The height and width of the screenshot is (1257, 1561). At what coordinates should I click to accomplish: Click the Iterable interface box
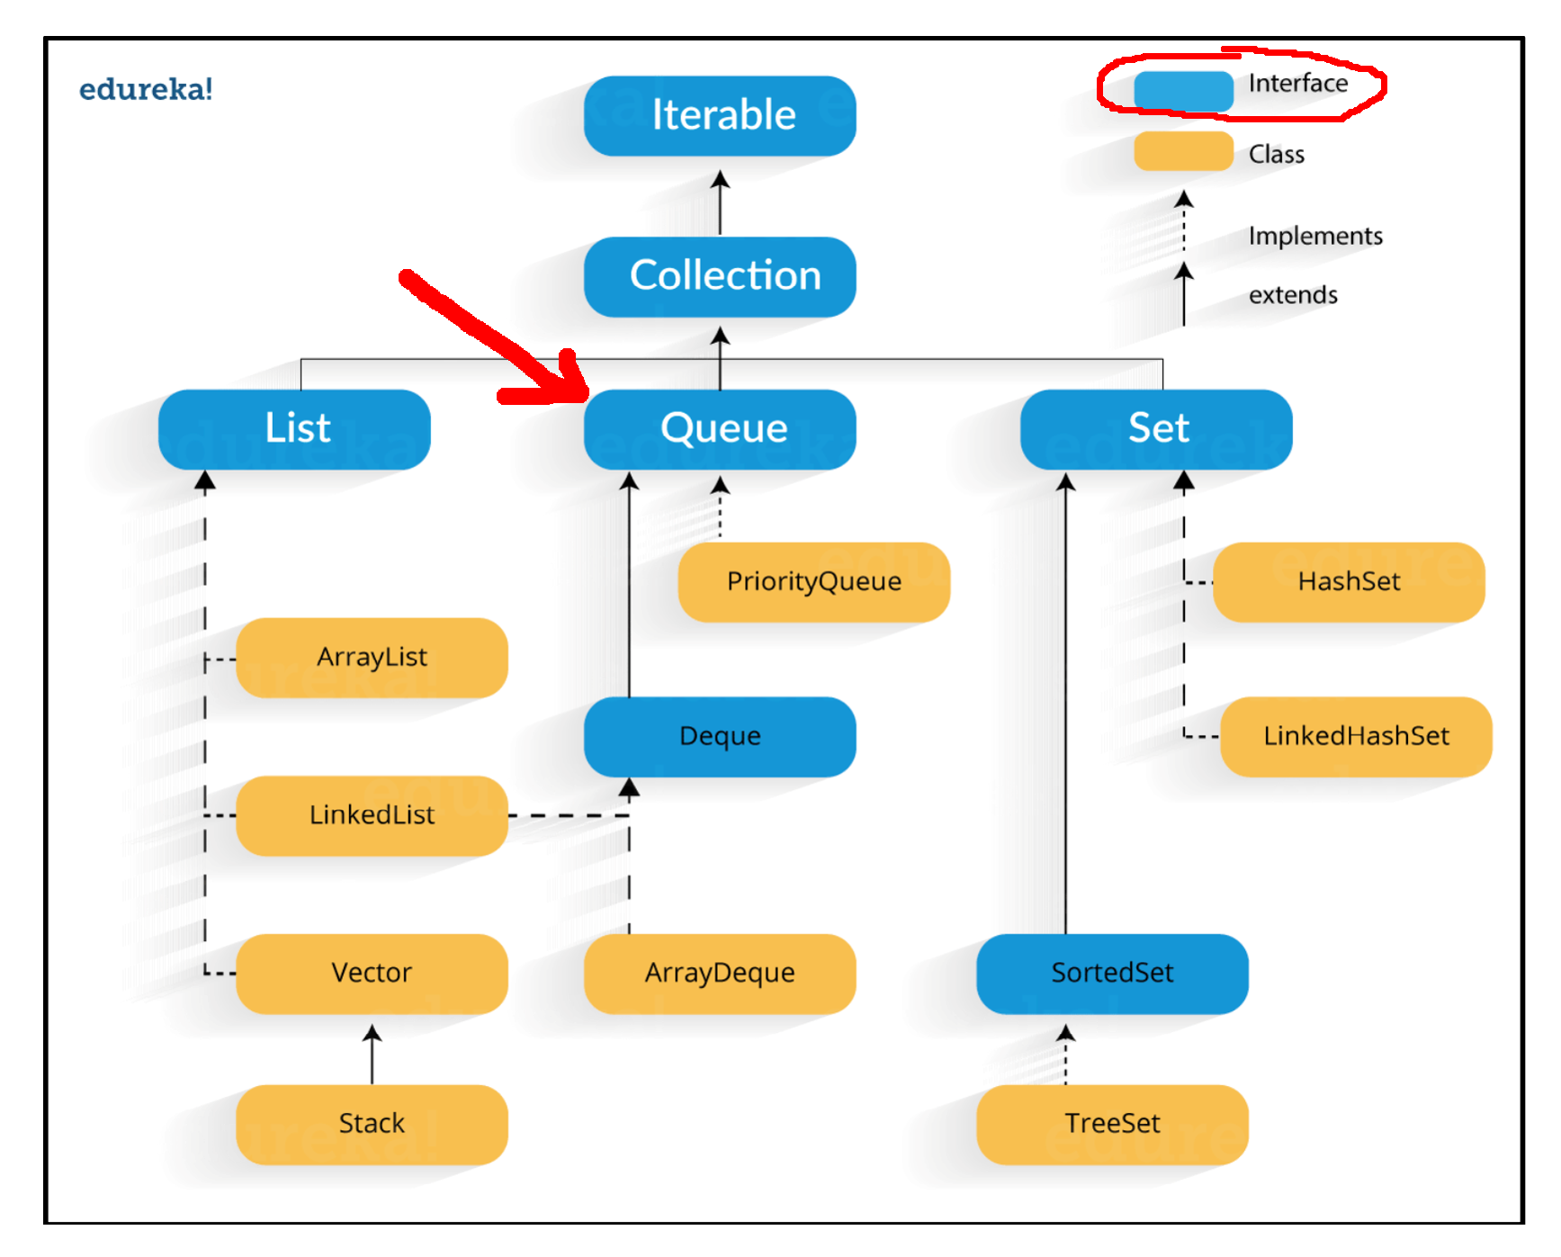coord(720,116)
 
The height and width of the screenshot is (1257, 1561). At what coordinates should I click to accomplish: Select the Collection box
coord(720,276)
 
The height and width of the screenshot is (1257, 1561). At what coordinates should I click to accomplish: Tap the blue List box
coord(294,429)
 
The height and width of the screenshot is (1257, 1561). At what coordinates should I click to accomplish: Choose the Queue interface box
coord(720,429)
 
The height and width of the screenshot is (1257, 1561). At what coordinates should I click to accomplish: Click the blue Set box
coord(1156,429)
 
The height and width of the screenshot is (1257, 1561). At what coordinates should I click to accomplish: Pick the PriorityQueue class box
coord(813,582)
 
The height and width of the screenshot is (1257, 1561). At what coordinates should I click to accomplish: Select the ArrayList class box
coord(372,658)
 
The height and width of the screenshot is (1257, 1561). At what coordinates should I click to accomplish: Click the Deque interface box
coord(720,736)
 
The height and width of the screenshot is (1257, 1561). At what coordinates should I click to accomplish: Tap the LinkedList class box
coord(372,815)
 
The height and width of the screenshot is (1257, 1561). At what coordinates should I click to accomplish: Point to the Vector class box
coord(372,974)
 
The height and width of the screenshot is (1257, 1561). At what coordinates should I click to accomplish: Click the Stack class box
coord(372,1124)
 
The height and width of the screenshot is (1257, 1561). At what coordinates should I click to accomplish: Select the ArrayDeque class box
coord(720,974)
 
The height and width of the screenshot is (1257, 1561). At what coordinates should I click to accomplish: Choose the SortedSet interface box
coord(1112,974)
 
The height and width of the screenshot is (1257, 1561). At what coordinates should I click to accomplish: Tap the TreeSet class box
coord(1112,1124)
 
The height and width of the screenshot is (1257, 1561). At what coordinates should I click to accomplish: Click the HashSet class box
coord(1348,582)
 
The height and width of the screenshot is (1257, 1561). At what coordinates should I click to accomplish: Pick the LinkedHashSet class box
coord(1356,736)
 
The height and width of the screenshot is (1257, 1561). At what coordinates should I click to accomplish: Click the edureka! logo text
coord(146,89)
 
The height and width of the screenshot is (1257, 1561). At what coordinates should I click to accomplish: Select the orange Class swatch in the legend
coord(1183,151)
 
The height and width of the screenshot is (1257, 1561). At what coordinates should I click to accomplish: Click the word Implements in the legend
coord(1314,236)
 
